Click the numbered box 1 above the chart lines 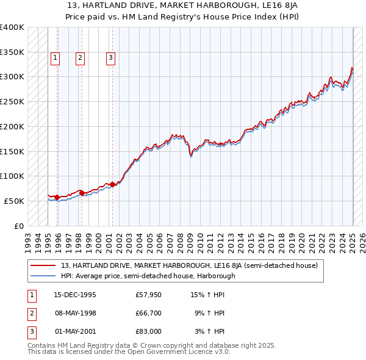click(55, 58)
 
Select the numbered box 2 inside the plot click(81, 58)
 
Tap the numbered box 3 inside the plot click(110, 58)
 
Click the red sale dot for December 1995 click(57, 197)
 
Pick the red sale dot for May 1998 click(82, 193)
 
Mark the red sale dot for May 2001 click(113, 184)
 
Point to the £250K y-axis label click(12, 101)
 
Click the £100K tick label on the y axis click(12, 176)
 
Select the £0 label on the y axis click(19, 226)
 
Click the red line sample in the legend click(43, 265)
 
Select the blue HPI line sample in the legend click(43, 276)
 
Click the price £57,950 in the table click(148, 295)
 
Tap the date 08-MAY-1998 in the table click(75, 313)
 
